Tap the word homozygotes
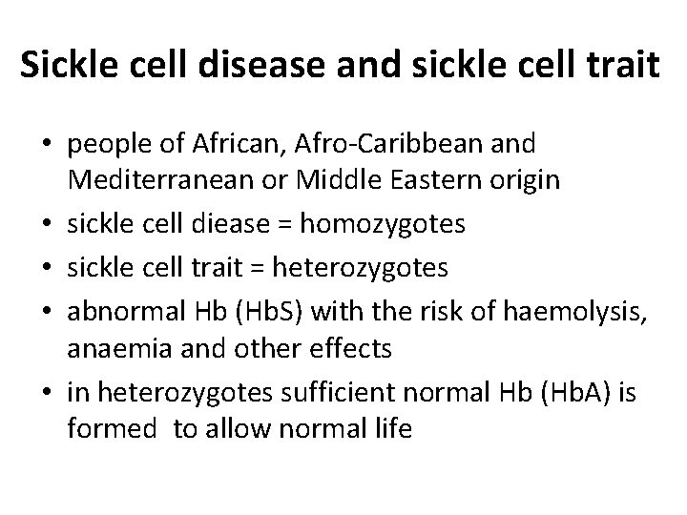(x=382, y=223)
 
